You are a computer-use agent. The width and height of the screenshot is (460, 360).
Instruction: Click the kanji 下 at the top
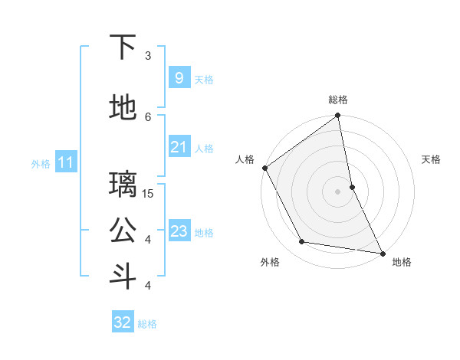[123, 47]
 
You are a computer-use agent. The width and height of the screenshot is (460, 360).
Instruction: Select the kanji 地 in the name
[123, 108]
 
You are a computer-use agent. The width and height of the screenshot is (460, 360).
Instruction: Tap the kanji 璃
[123, 185]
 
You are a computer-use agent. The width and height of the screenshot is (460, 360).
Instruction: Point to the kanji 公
[123, 231]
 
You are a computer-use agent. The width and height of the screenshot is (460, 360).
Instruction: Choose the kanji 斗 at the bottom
[123, 277]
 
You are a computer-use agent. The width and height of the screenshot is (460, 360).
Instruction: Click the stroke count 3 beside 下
[149, 55]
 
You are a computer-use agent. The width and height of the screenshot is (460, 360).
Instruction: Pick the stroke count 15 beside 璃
[149, 193]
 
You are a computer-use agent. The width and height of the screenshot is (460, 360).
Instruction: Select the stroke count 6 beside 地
[149, 116]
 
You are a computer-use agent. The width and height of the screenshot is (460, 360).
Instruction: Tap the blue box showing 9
[179, 78]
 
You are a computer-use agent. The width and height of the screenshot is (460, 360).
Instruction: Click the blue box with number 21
[179, 147]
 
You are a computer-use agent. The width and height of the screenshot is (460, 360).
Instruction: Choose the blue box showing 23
[179, 231]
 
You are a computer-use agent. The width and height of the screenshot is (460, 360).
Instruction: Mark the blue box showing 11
[65, 162]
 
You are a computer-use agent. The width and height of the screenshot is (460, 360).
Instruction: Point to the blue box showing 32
[123, 322]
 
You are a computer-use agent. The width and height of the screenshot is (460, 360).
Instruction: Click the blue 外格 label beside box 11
[40, 163]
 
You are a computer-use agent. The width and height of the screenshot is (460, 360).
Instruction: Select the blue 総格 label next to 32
[147, 324]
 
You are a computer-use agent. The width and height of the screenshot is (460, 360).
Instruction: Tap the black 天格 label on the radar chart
[431, 159]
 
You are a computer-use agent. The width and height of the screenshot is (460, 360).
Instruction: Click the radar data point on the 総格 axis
[337, 116]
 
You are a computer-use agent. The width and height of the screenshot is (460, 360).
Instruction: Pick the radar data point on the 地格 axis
[382, 252]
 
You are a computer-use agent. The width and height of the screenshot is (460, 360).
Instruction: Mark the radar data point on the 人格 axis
[264, 168]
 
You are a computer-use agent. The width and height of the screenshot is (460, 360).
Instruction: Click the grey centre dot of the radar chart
[337, 191]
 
